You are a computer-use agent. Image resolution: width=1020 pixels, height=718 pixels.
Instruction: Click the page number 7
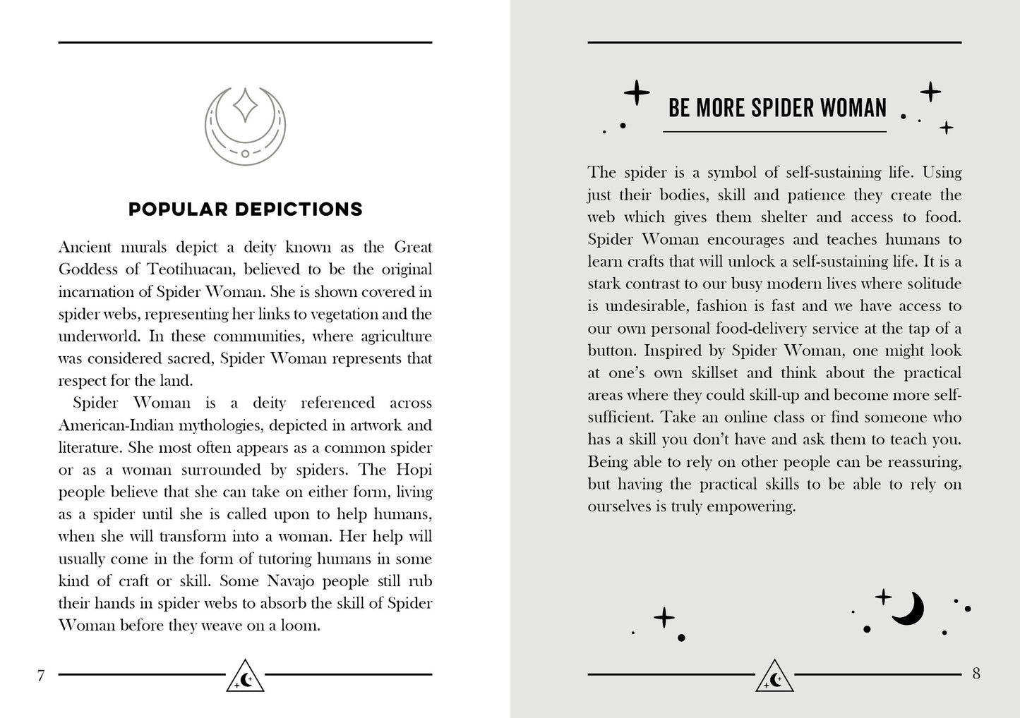point(41,676)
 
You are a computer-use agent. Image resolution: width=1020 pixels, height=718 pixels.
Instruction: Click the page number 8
point(976,674)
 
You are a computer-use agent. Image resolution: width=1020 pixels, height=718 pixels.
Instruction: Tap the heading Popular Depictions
point(246,209)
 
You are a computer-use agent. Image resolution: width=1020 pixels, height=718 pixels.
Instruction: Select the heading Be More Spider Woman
point(777,108)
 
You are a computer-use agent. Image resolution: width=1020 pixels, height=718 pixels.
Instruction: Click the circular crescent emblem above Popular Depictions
point(245,126)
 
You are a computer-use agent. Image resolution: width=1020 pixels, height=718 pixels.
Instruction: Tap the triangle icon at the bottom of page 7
point(245,676)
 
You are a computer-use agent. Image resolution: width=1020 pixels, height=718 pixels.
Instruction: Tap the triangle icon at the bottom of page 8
point(774,676)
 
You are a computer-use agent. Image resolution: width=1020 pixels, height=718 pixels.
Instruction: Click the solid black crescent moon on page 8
point(908,608)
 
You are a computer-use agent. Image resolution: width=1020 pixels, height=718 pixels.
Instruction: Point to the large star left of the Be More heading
point(637,92)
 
